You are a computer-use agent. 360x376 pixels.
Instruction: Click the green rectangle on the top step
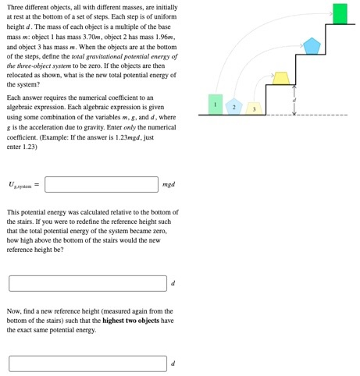click(x=340, y=14)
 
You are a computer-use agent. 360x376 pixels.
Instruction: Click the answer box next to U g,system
click(x=102, y=184)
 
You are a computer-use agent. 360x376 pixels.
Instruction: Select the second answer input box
click(x=87, y=283)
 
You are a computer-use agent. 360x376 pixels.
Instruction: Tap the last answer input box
click(x=87, y=364)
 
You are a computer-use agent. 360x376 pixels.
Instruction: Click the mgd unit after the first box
click(x=169, y=185)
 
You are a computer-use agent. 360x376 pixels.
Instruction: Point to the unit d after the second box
click(x=173, y=284)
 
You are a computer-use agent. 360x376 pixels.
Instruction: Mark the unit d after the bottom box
click(x=173, y=364)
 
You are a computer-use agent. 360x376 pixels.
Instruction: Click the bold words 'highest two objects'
click(x=133, y=321)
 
